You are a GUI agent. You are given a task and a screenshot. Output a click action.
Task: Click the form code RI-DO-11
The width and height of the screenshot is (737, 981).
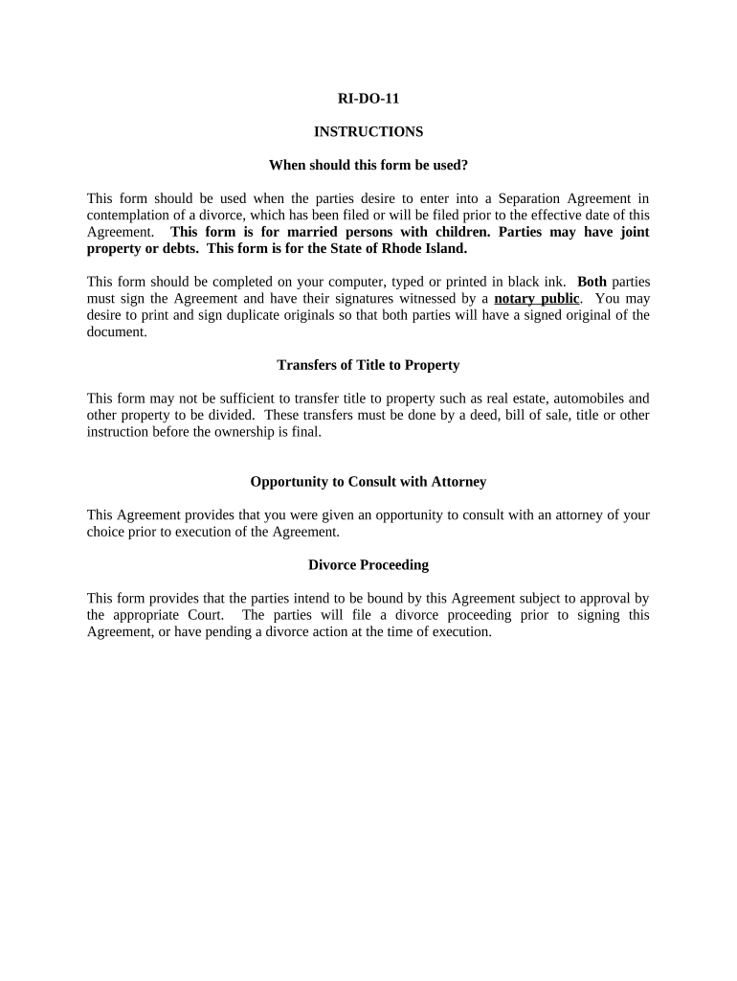pyautogui.click(x=368, y=98)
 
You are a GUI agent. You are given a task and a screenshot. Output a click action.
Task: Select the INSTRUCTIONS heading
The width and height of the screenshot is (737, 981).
pyautogui.click(x=368, y=131)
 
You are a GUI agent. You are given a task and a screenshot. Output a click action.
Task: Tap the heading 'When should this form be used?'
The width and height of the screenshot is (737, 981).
pyautogui.click(x=368, y=165)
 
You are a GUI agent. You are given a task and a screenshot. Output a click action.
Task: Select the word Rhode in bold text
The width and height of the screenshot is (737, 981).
pyautogui.click(x=383, y=248)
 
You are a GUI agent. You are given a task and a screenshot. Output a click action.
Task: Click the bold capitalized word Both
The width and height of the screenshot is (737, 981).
pyautogui.click(x=592, y=282)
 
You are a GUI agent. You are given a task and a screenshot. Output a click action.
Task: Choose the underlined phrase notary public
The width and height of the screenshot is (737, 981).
pyautogui.click(x=536, y=298)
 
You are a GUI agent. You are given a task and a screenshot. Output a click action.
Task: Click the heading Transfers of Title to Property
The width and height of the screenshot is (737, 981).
pyautogui.click(x=368, y=365)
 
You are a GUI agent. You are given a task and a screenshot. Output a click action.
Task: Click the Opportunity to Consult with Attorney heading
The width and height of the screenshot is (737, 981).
pyautogui.click(x=368, y=482)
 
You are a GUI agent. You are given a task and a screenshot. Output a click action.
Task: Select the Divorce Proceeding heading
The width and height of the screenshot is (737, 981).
pyautogui.click(x=368, y=565)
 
